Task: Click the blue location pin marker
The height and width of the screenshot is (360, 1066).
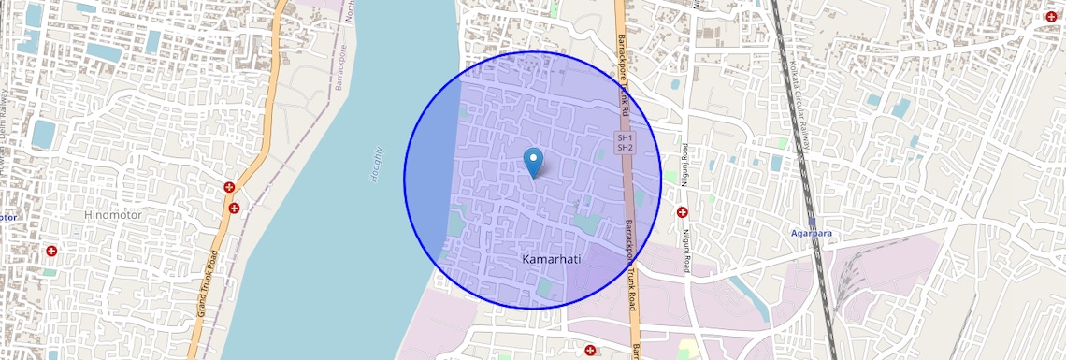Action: pyautogui.click(x=533, y=162)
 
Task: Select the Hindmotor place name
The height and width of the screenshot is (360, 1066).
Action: pyautogui.click(x=113, y=215)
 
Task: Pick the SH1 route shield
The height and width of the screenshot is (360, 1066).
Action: pyautogui.click(x=626, y=138)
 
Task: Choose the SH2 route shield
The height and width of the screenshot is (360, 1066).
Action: pyautogui.click(x=626, y=148)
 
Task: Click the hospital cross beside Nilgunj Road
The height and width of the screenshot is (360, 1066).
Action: pyautogui.click(x=683, y=212)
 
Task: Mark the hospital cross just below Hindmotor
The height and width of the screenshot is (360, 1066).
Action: pyautogui.click(x=51, y=252)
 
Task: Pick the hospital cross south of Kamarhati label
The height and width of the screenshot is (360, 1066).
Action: pyautogui.click(x=590, y=351)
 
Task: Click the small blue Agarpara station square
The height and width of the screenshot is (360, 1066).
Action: pyautogui.click(x=812, y=223)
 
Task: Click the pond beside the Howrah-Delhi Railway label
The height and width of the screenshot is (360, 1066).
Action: pyautogui.click(x=43, y=134)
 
